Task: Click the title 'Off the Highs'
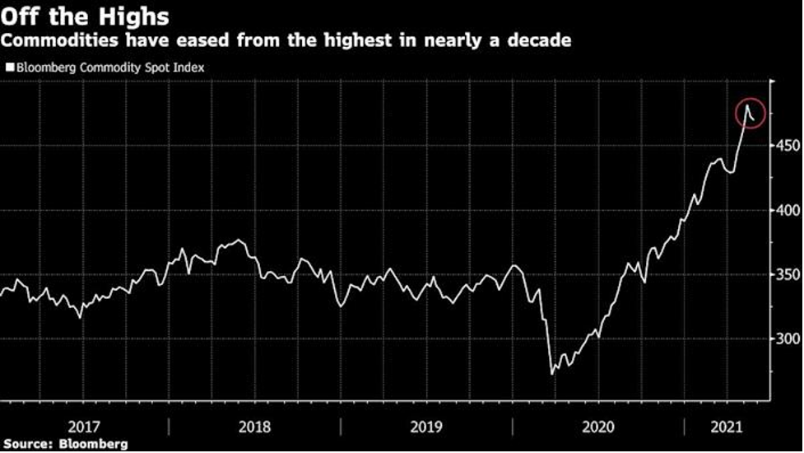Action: [x=86, y=16]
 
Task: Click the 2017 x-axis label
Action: [x=84, y=427]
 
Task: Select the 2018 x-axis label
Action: [x=254, y=427]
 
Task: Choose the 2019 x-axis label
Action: [x=425, y=427]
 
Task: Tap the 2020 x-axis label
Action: [x=597, y=427]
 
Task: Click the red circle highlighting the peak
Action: [x=751, y=114]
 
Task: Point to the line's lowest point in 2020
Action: [x=551, y=374]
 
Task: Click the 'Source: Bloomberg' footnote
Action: [x=65, y=444]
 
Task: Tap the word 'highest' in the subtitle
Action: [x=359, y=40]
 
